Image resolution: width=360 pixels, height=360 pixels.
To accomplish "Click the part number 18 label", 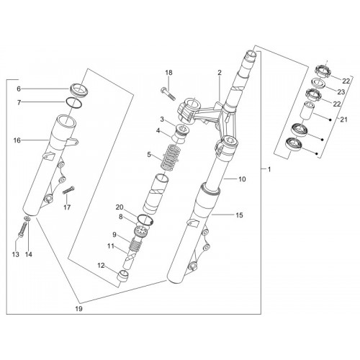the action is coord(168,73).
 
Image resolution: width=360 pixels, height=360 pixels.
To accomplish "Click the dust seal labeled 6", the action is coord(79,90).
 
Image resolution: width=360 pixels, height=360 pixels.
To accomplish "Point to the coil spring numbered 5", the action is coord(171,157).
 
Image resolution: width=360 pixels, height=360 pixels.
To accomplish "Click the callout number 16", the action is coord(17,140).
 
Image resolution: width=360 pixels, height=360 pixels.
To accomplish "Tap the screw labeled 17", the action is coord(69,191).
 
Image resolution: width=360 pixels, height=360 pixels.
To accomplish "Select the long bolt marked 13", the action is coord(22,230).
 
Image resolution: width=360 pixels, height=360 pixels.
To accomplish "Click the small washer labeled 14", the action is coord(27,218).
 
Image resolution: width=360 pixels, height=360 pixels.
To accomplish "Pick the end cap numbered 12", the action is coord(122,276).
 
